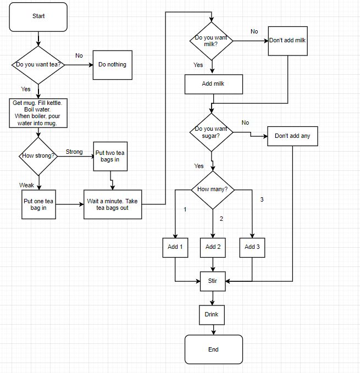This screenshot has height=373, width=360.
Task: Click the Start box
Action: coord(38,16)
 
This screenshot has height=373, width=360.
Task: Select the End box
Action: coord(213,349)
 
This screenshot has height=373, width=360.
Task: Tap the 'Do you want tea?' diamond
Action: coord(38,65)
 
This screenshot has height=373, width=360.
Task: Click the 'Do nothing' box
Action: coord(112,65)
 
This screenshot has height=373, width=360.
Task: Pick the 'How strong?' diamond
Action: coord(38,155)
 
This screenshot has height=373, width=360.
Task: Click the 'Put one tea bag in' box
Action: coord(38,205)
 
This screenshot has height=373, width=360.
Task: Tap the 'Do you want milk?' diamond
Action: coord(211,41)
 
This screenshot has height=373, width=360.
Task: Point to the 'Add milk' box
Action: coord(213,84)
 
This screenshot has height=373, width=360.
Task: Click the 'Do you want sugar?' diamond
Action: coord(211,132)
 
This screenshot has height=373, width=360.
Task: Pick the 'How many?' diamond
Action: coord(213,190)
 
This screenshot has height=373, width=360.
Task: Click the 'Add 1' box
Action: coord(175,247)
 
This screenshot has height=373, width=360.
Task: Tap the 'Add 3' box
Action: coord(252,247)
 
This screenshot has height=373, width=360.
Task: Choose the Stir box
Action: coord(213,281)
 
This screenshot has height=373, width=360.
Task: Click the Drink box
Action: coord(212,314)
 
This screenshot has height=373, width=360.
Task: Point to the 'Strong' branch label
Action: coord(74,152)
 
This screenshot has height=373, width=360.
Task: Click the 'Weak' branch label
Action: coord(26,185)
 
